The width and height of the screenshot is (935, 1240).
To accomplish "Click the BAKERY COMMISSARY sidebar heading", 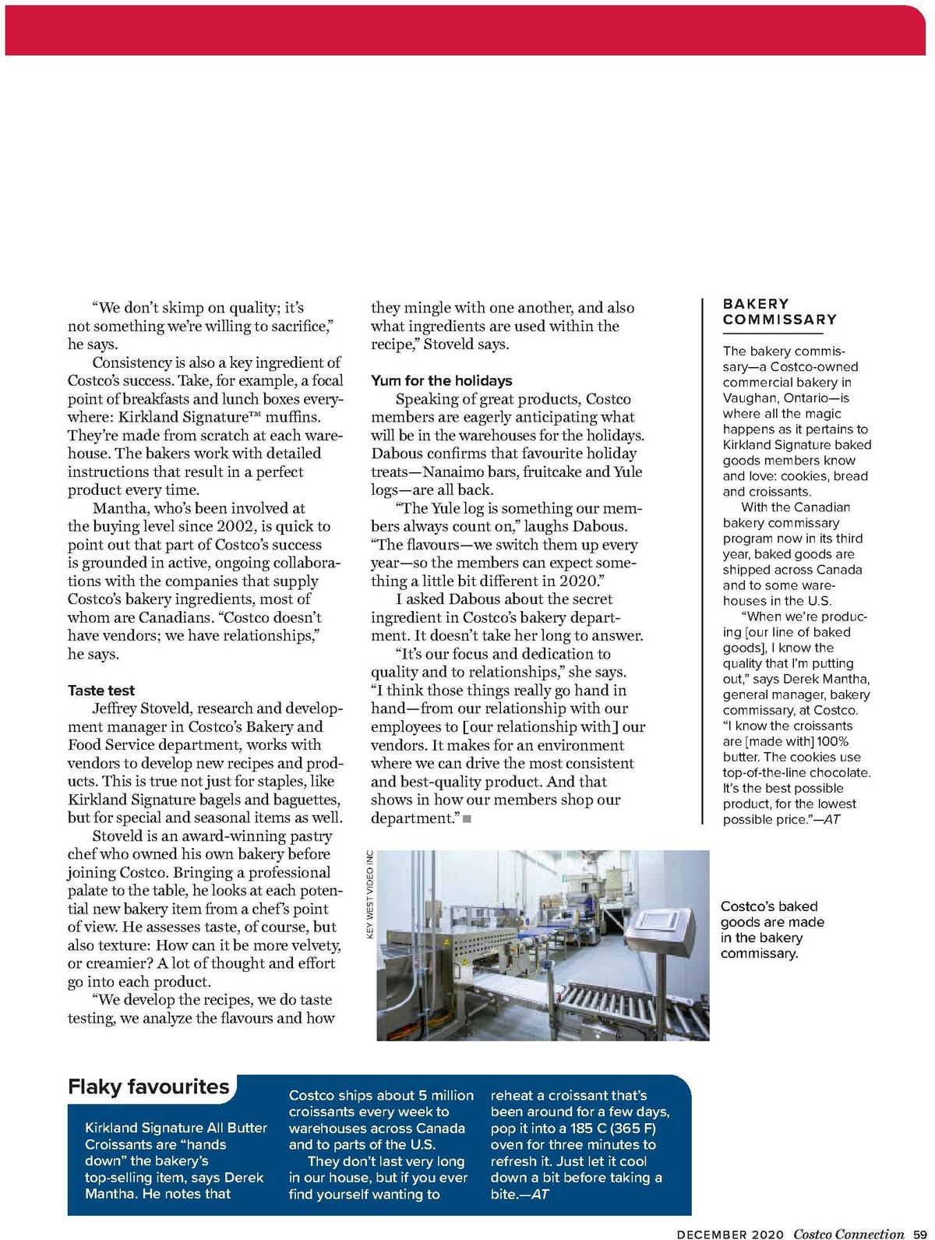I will (779, 311).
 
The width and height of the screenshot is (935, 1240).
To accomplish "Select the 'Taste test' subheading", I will (101, 691).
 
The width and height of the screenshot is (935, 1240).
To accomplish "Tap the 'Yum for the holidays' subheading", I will (441, 380).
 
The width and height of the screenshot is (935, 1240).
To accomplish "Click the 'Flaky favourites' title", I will (148, 1086).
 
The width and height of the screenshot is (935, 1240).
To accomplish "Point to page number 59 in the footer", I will (919, 1234).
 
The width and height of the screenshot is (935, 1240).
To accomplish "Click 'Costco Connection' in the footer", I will (849, 1234).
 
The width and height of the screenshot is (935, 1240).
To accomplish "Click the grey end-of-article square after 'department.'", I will (466, 818).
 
